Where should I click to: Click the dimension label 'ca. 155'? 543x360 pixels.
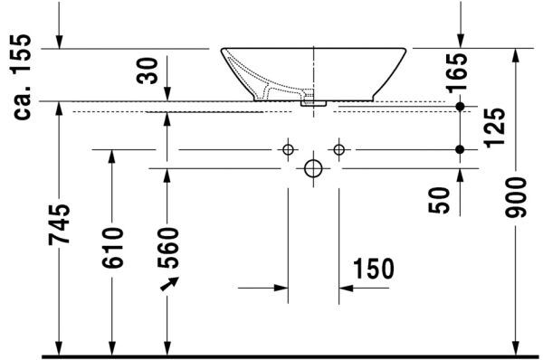click(24, 77)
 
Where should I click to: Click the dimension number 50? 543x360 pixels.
click(440, 200)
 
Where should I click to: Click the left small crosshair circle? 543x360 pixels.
click(288, 148)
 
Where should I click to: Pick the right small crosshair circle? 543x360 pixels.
click(339, 148)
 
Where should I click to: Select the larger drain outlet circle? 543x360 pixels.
click(313, 168)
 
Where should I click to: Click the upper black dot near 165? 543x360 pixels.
click(460, 107)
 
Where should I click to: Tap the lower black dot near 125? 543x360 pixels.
click(460, 148)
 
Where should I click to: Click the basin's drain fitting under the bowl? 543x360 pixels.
click(314, 102)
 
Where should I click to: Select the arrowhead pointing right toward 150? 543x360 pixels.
click(280, 289)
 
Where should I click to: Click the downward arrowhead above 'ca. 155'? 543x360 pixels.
click(60, 43)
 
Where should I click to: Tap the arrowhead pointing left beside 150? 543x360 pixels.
click(348, 289)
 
